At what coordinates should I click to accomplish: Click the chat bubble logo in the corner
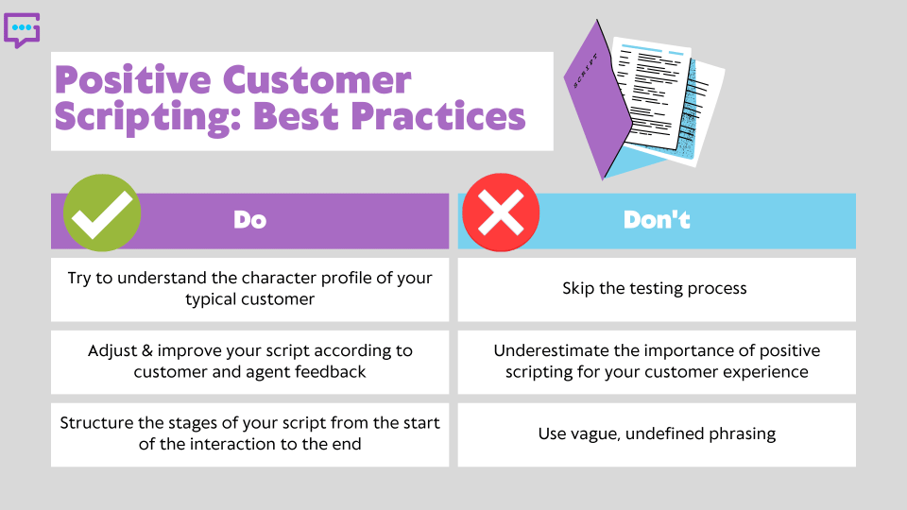tap(22, 30)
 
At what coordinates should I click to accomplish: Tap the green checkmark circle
tap(102, 213)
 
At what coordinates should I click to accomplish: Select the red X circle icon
tap(501, 213)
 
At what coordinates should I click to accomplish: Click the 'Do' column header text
tap(249, 220)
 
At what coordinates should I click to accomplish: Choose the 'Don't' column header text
tap(657, 220)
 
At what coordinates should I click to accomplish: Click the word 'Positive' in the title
tap(128, 80)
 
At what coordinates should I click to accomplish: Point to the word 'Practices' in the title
tap(436, 117)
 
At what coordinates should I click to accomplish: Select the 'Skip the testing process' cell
tap(657, 289)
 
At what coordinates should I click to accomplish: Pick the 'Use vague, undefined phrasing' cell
tap(657, 434)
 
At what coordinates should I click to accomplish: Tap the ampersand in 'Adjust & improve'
tap(145, 350)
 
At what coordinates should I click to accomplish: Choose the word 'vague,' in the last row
tap(594, 434)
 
